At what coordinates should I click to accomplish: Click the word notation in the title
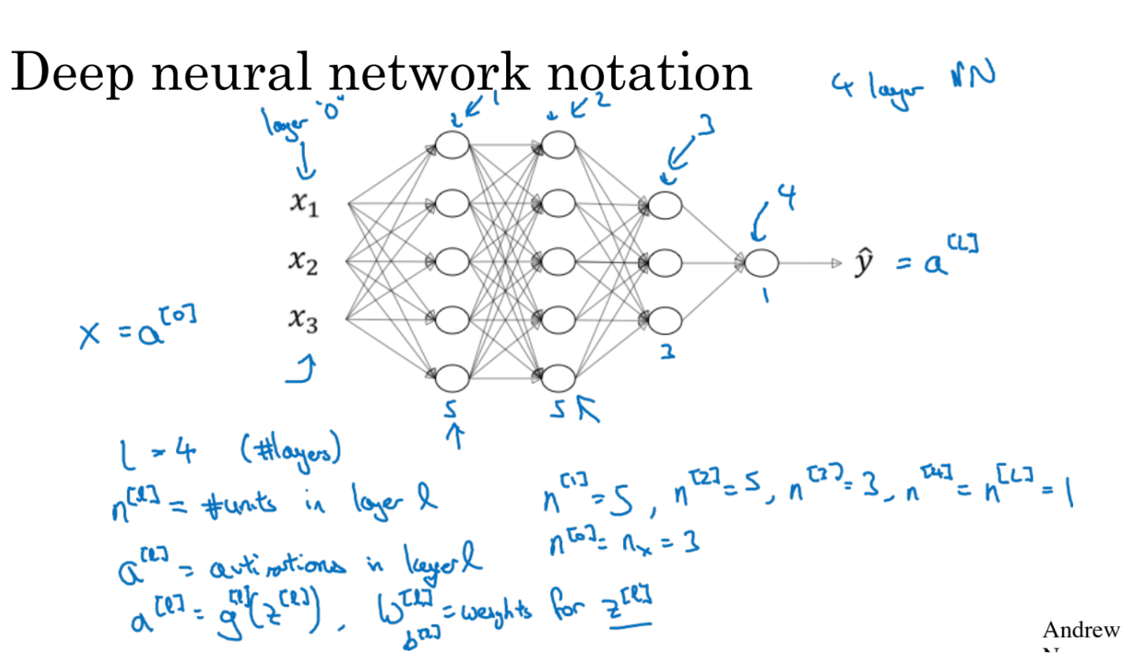click(x=649, y=73)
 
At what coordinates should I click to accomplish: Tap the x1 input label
click(x=304, y=204)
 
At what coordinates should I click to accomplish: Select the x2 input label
click(x=303, y=261)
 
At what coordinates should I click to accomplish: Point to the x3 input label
click(x=303, y=319)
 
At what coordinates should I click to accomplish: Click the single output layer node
click(x=761, y=263)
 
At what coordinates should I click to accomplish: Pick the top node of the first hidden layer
click(x=452, y=146)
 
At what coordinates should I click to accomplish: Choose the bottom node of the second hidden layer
click(x=558, y=378)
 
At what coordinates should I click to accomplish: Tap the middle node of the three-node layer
click(x=664, y=263)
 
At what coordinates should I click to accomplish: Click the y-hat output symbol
click(x=864, y=263)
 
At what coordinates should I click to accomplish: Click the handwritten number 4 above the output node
click(x=786, y=197)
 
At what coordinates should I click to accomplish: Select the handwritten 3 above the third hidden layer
click(x=706, y=125)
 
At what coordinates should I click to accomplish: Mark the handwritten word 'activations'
click(x=276, y=565)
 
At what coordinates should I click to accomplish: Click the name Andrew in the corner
click(x=1080, y=630)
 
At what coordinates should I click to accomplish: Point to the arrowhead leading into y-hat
click(x=837, y=263)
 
